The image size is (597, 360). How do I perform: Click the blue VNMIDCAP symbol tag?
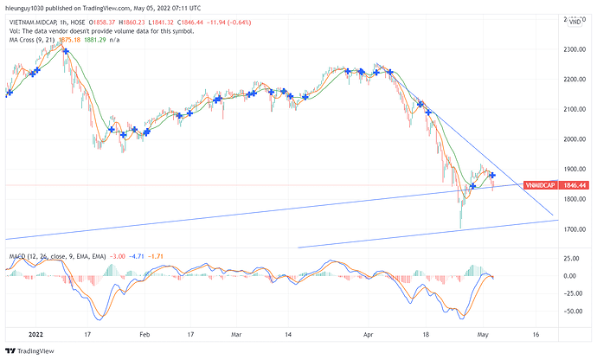[x=543, y=185]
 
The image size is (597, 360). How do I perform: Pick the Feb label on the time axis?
[x=144, y=332]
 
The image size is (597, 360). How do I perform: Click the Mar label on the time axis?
[x=237, y=332]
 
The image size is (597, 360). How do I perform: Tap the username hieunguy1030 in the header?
[x=29, y=6]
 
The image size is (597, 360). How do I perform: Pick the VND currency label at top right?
[x=574, y=24]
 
